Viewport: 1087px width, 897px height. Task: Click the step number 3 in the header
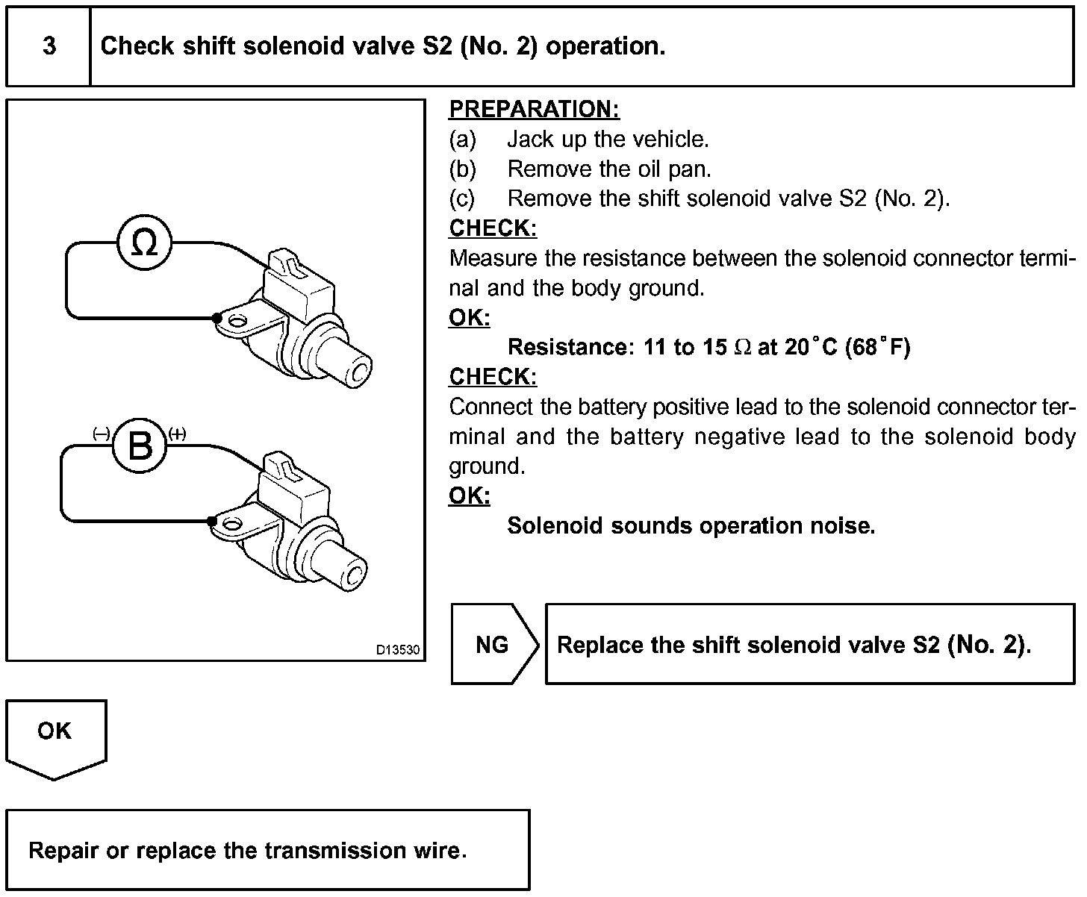(x=49, y=46)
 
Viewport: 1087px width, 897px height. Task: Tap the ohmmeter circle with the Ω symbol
(x=144, y=243)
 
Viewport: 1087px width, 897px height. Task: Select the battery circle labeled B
(x=140, y=446)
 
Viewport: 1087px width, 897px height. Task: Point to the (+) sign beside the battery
(x=178, y=433)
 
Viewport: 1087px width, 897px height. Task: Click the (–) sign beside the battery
(x=102, y=433)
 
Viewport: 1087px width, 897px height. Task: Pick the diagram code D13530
(x=398, y=650)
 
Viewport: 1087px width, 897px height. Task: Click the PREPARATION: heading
(x=534, y=110)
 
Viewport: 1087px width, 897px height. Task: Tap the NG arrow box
(x=493, y=645)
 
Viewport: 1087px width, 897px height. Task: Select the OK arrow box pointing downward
(x=55, y=735)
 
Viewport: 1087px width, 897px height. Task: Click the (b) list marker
(x=462, y=169)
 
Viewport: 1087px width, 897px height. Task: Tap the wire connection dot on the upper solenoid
(x=217, y=318)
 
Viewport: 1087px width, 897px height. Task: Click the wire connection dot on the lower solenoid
(x=212, y=521)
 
